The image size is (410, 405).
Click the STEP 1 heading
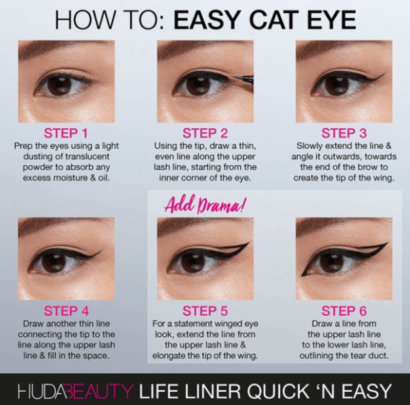[66, 133]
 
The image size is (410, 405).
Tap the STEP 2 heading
[205, 133]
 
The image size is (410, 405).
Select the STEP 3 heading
[344, 133]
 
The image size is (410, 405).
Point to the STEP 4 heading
[67, 311]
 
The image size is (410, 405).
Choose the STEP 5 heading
[205, 311]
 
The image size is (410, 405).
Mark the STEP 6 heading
[344, 311]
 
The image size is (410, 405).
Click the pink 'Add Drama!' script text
[205, 205]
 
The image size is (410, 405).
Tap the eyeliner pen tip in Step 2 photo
[233, 77]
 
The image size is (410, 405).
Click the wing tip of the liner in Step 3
[384, 74]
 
